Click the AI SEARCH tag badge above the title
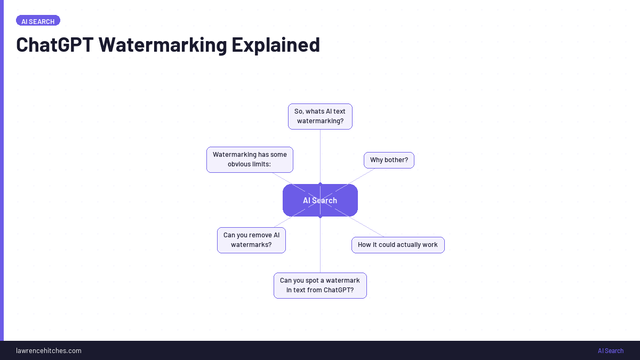click(x=38, y=21)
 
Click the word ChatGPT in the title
click(x=54, y=44)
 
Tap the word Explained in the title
click(x=276, y=44)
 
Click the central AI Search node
click(x=320, y=201)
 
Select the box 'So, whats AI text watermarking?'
click(x=320, y=116)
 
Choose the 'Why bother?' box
click(x=389, y=160)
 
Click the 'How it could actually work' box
click(x=398, y=245)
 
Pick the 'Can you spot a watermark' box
click(x=320, y=285)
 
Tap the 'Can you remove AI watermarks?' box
click(x=251, y=240)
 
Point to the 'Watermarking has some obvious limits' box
click(x=250, y=159)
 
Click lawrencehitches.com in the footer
click(x=49, y=350)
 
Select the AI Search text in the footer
click(x=610, y=350)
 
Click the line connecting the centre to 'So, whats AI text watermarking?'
click(x=320, y=155)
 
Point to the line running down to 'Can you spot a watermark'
click(x=320, y=245)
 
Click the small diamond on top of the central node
click(x=320, y=184)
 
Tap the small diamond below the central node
click(x=320, y=217)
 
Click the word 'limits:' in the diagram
click(x=260, y=164)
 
